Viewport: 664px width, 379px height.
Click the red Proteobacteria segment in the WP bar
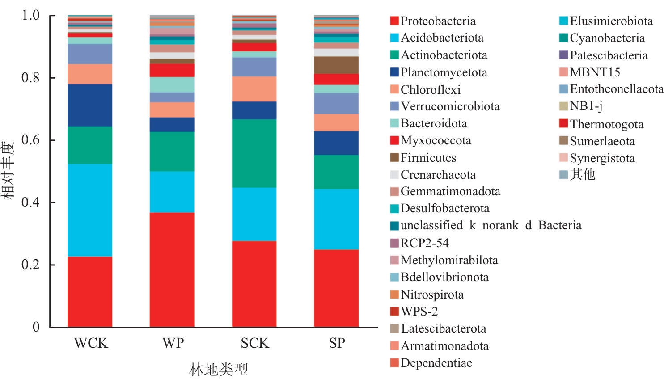pyautogui.click(x=172, y=269)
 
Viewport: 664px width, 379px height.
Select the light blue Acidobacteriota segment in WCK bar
pyautogui.click(x=90, y=210)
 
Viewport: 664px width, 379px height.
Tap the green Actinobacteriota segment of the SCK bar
pyautogui.click(x=254, y=153)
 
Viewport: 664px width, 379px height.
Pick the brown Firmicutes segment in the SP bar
pyautogui.click(x=336, y=65)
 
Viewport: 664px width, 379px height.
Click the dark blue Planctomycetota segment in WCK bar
pyautogui.click(x=90, y=105)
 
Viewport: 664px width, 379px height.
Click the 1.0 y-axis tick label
pyautogui.click(x=31, y=15)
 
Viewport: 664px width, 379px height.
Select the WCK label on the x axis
pyautogui.click(x=91, y=343)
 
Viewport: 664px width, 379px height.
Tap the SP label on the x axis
pyautogui.click(x=337, y=343)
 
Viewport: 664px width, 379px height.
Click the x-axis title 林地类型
pyautogui.click(x=218, y=369)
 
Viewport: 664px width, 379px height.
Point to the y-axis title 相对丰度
pyautogui.click(x=8, y=170)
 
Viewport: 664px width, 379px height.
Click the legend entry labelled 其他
pyautogui.click(x=582, y=174)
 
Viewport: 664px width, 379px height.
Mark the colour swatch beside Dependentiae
pyautogui.click(x=394, y=362)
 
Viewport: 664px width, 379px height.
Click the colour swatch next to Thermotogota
pyautogui.click(x=563, y=123)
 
